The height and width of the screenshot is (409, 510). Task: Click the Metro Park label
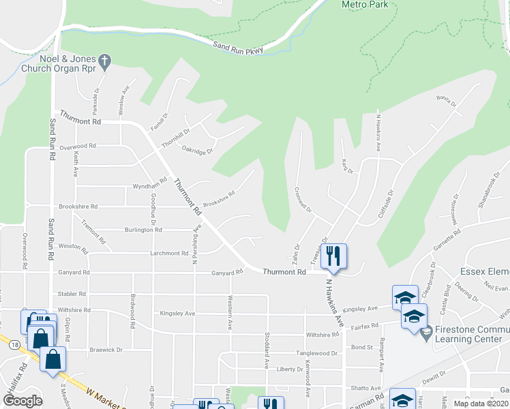point(365,5)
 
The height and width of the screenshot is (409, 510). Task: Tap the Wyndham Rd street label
point(149,185)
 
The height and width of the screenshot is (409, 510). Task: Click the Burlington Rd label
point(143,230)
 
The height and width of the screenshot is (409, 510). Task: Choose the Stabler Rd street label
point(72,294)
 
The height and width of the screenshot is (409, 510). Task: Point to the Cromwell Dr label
point(303,200)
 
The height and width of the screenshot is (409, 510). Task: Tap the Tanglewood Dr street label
point(316,354)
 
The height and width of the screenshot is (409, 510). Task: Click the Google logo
point(22,401)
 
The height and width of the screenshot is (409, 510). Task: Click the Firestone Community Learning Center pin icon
point(426,334)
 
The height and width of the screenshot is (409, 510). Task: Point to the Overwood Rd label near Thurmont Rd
point(78,146)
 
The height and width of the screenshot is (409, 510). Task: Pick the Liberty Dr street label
point(290,369)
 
